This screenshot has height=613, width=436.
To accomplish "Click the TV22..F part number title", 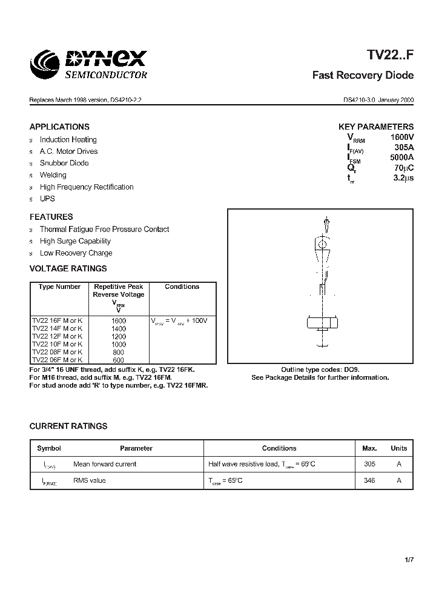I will coord(390,56).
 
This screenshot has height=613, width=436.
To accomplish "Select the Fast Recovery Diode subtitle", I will coord(363,76).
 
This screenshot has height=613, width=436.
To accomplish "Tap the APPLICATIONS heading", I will coord(59,127).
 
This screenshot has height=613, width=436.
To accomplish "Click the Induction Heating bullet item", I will coord(68,139).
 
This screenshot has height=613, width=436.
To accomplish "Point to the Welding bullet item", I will coord(53,175).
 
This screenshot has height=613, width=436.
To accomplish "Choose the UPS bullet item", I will coord(47,199).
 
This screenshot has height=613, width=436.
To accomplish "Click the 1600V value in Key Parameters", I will coord(401,138).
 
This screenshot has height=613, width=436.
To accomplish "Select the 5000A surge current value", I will coord(401,157).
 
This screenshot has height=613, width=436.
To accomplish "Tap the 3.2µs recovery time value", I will coord(402,178).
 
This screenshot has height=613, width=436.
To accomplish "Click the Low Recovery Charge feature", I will coord(76,253).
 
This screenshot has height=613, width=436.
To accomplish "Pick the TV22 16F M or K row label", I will coord(58,320).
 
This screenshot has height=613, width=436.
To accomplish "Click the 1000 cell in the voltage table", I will coord(119,344).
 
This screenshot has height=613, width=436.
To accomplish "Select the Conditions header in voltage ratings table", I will coord(182,287).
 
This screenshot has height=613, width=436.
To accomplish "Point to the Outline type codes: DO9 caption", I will coord(320,369).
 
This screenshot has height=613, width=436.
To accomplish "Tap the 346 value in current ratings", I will coord(369,480).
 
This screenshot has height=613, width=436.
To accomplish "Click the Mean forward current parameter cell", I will coord(105,464).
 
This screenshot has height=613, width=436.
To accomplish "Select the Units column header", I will coord(398,448).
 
